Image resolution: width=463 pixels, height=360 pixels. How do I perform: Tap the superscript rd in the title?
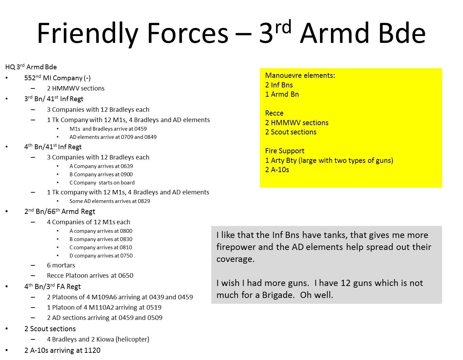tap(283, 27)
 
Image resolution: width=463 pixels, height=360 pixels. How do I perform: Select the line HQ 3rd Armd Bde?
tap(31, 67)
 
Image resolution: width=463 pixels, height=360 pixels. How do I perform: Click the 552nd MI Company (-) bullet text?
tap(57, 78)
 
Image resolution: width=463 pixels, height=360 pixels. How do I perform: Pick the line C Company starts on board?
tap(102, 182)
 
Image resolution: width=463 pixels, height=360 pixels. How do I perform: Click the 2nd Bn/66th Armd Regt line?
tap(60, 211)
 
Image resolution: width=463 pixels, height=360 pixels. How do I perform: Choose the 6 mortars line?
tap(61, 265)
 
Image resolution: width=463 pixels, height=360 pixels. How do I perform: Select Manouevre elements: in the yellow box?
tap(300, 75)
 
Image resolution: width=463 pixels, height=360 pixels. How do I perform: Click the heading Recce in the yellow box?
tap(274, 113)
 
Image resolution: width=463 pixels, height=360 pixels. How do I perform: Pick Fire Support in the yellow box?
tap(285, 151)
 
